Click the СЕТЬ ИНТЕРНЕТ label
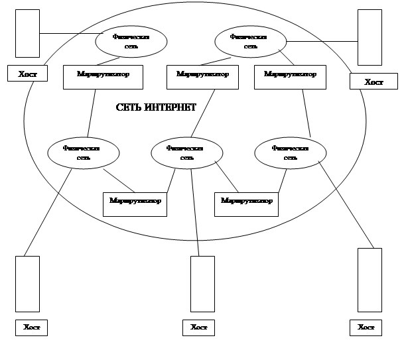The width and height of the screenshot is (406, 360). [156, 107]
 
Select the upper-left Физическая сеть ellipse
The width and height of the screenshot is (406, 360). [131, 42]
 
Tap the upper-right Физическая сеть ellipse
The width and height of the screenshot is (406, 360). [251, 42]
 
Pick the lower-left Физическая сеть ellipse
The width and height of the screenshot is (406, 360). [84, 153]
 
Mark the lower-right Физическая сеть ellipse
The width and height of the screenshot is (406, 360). [291, 153]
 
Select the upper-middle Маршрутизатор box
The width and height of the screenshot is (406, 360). [202, 75]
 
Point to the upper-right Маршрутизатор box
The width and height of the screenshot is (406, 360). [290, 75]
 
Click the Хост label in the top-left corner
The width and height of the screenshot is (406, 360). [27, 74]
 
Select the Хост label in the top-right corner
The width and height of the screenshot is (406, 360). [374, 82]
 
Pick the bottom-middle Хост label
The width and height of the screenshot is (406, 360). [198, 328]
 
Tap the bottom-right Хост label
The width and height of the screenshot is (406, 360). [366, 328]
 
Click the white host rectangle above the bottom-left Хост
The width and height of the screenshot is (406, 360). [27, 284]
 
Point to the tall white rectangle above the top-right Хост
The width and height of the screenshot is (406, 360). [370, 37]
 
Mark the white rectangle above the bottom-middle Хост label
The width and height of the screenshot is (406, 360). [202, 284]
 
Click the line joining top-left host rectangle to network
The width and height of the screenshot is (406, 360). [70, 33]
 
